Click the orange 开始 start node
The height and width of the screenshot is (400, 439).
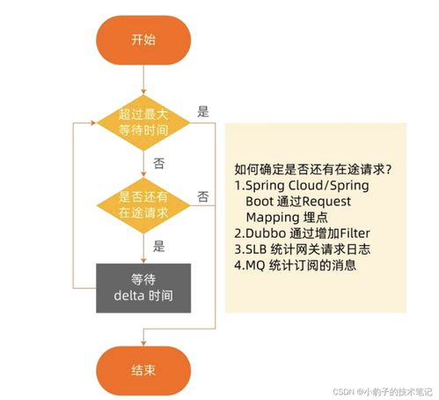[x=143, y=40]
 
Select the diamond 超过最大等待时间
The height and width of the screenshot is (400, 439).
[x=143, y=122]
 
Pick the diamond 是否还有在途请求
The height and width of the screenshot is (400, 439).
[x=143, y=205]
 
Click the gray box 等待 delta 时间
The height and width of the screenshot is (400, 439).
[x=143, y=286]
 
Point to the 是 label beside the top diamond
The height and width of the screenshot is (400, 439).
[x=203, y=112]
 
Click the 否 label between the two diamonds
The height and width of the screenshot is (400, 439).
[x=158, y=164]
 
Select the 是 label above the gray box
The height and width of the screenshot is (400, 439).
[x=158, y=247]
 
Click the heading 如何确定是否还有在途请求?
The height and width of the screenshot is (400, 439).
[x=313, y=169]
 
